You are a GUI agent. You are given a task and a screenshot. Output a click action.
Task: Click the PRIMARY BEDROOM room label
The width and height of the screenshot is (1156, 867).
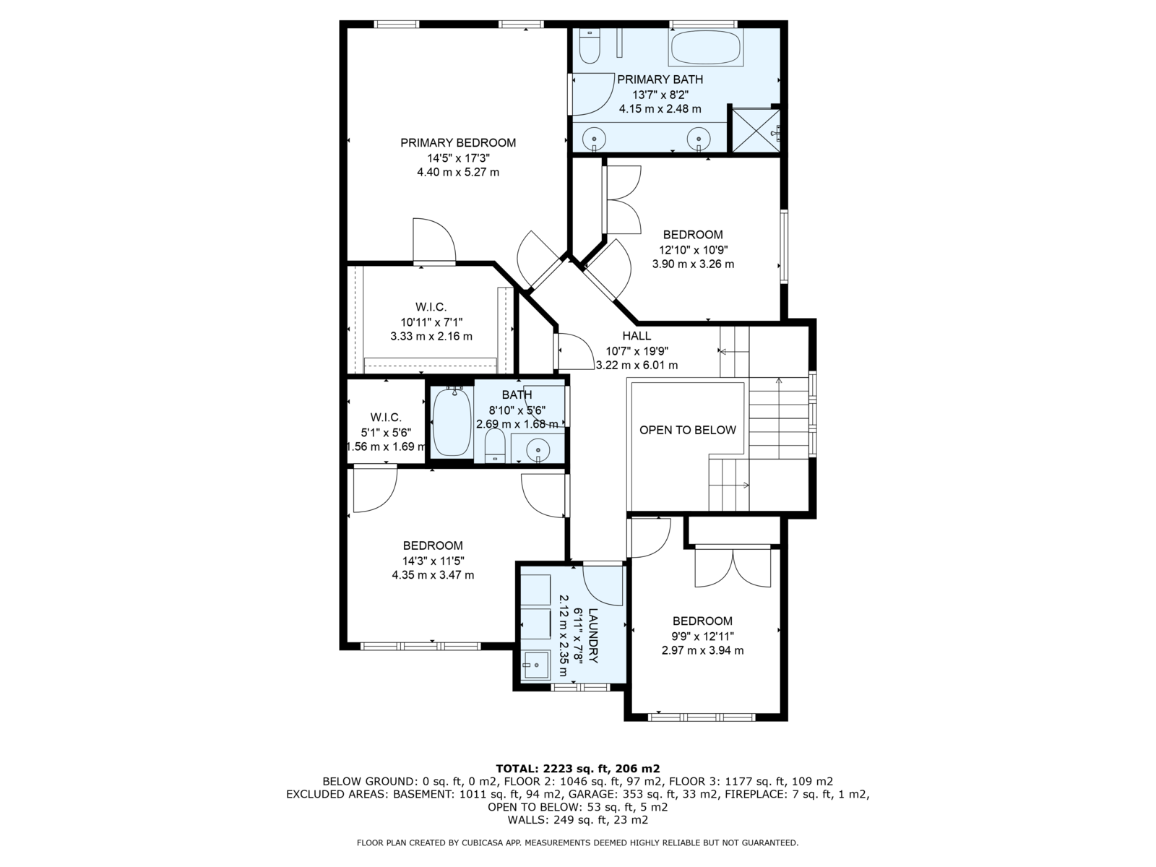457,142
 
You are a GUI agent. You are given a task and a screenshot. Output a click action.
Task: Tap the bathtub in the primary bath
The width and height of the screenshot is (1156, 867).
706,48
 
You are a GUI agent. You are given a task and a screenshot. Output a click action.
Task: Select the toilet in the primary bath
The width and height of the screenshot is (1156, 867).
590,46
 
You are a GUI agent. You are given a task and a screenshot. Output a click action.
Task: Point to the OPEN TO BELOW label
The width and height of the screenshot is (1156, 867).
687,430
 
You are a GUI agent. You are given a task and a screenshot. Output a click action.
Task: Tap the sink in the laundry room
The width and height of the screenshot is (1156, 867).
536,665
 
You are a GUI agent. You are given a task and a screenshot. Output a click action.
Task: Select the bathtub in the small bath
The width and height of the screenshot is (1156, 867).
452,421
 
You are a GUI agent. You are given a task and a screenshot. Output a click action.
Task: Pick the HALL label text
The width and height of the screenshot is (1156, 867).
637,336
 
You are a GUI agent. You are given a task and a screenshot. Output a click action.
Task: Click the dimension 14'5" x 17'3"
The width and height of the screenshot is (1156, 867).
458,158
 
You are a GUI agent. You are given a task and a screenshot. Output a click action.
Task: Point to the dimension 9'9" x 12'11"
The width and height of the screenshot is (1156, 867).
702,636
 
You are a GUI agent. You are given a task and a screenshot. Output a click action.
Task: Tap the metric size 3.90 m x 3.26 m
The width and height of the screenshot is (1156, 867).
693,264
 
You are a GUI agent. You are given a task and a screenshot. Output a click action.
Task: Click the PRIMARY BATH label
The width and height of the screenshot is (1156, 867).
660,79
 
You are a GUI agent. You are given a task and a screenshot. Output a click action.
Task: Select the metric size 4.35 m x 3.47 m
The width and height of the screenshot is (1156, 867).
433,575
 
